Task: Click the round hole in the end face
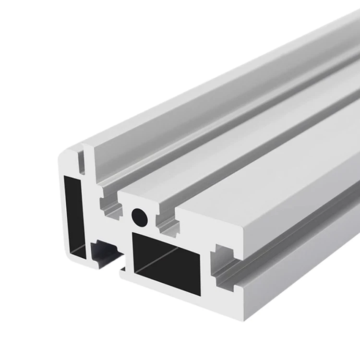[140, 217]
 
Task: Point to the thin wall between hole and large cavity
[144, 230]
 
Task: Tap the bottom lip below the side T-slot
[230, 300]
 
